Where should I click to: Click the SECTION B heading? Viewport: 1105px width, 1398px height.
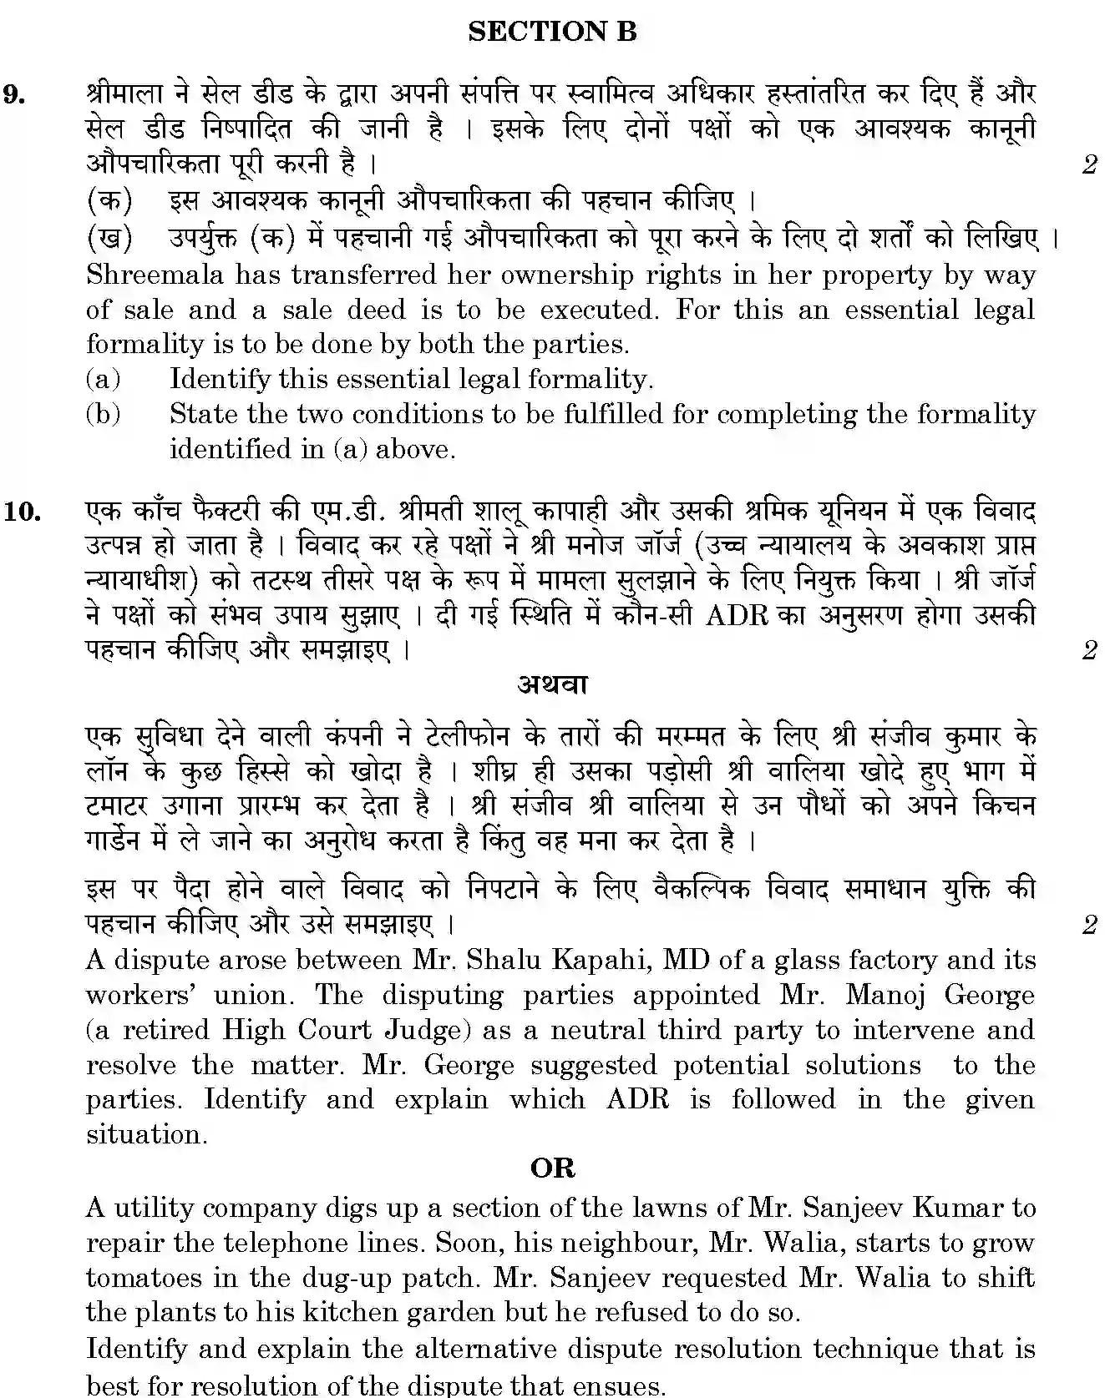click(x=552, y=32)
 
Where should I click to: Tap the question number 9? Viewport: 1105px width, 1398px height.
click(x=14, y=93)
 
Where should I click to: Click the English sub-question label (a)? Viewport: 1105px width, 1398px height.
click(x=104, y=380)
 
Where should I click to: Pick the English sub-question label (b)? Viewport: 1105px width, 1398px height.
click(x=104, y=414)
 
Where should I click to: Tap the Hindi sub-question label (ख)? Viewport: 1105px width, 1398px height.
click(x=109, y=239)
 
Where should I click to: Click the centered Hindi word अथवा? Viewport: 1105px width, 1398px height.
click(x=552, y=684)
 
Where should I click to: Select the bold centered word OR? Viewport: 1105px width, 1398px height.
click(x=552, y=1168)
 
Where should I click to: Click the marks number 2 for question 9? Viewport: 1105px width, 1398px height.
click(x=1089, y=164)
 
